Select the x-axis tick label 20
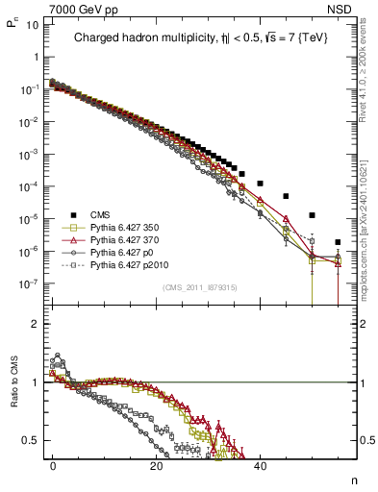pyautogui.click(x=156, y=464)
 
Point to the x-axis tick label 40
pyautogui.click(x=259, y=464)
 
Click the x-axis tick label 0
pyautogui.click(x=53, y=464)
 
